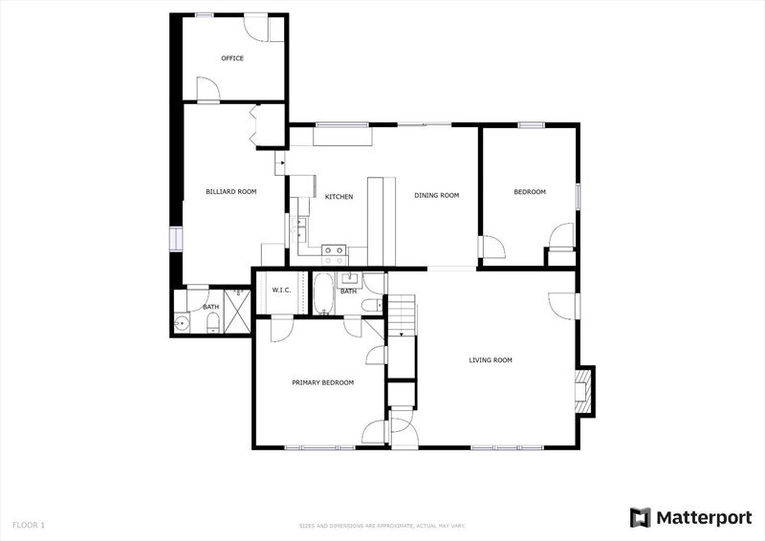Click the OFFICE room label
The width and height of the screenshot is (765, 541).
pos(232,58)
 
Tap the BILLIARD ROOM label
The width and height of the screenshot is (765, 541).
pos(231,192)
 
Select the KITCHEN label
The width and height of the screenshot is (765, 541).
pos(339,197)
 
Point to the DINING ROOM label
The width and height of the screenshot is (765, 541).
pos(437,196)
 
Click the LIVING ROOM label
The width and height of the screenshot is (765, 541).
pos(491,360)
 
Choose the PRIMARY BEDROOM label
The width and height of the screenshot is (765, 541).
pos(323,383)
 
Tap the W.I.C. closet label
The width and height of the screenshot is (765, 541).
pos(281,291)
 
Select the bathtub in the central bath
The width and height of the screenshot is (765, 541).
pos(323,293)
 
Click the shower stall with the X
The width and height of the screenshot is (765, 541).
pos(237,312)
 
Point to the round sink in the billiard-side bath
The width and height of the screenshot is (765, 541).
pos(182,322)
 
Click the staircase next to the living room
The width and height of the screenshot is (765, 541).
pos(402,315)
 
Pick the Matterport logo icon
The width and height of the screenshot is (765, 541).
pos(640,518)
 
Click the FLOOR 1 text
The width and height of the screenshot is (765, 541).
pos(29,526)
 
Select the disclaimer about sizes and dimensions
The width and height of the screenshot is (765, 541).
pos(382,526)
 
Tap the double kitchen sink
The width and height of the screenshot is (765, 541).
pos(298,229)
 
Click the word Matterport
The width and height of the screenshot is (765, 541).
pos(704,518)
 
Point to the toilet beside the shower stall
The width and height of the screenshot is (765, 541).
pos(213,322)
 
